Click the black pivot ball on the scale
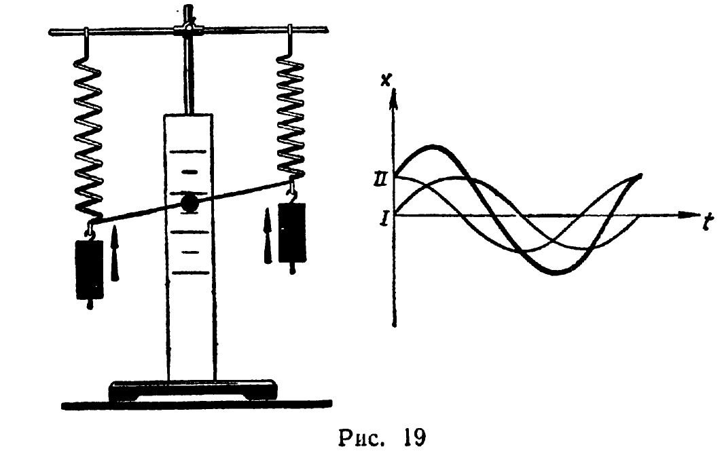pyautogui.click(x=189, y=202)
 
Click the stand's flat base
pyautogui.click(x=193, y=390)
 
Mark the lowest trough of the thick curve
pyautogui.click(x=556, y=272)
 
